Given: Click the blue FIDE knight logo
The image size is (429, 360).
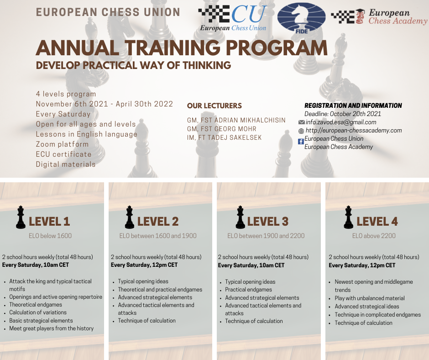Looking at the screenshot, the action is click(x=301, y=18).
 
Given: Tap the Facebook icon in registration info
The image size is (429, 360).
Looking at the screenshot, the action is click(x=301, y=141).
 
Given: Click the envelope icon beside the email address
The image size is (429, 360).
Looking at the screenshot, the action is click(x=302, y=122).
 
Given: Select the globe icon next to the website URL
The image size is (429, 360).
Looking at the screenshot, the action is click(x=301, y=131).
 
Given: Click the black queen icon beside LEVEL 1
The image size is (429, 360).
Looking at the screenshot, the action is click(x=21, y=217).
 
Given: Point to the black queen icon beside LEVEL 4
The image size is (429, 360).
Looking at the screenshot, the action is click(x=348, y=217).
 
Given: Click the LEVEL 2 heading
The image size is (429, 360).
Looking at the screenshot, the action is click(x=158, y=222).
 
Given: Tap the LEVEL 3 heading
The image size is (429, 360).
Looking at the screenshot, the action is click(x=267, y=222).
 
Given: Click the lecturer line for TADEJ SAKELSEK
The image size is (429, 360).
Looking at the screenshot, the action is click(x=225, y=138).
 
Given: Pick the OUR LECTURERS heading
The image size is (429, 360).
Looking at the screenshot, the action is click(x=214, y=106).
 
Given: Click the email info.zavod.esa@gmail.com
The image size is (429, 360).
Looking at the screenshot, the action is click(x=341, y=122).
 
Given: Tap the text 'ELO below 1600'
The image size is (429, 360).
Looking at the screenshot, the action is click(x=50, y=236).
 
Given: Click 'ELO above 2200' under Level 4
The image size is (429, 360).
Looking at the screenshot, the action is click(x=374, y=236).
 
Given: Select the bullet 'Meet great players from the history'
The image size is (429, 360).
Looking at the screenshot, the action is click(x=52, y=328).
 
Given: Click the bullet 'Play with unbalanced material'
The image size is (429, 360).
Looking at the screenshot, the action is click(x=370, y=298).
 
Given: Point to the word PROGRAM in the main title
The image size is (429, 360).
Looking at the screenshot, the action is click(x=277, y=48).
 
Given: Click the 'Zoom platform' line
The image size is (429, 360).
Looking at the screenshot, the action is click(x=63, y=144).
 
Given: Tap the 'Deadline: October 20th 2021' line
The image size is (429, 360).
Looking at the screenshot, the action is click(x=343, y=114).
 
